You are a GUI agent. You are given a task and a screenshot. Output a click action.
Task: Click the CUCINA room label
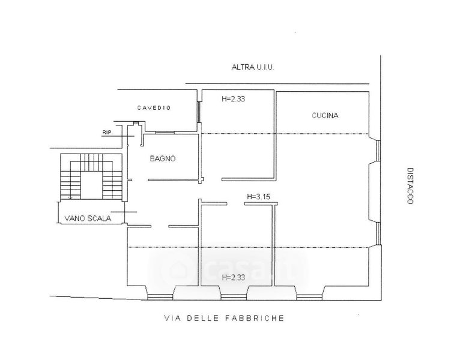(325, 115)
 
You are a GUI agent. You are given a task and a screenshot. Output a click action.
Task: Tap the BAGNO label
(163, 158)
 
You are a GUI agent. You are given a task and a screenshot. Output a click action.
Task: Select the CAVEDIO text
(154, 108)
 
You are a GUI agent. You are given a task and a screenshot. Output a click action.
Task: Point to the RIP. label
(107, 133)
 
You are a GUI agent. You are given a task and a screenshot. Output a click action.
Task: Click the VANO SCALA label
(88, 218)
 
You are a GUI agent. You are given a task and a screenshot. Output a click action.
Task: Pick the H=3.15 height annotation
(258, 197)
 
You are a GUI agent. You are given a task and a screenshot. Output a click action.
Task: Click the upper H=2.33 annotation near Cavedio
(233, 99)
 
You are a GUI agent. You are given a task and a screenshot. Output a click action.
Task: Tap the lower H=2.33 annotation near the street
(234, 277)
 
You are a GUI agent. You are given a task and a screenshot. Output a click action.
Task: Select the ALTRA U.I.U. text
(253, 67)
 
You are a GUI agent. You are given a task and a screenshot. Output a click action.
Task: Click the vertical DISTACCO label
(410, 186)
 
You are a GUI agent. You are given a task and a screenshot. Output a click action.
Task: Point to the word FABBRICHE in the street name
(255, 318)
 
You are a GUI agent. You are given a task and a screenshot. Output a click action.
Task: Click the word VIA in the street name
(172, 318)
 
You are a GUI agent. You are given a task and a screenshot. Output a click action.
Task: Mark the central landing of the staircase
(91, 185)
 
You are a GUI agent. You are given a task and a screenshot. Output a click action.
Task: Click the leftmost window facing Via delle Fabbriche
(160, 297)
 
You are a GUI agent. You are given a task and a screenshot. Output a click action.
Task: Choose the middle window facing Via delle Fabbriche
(234, 297)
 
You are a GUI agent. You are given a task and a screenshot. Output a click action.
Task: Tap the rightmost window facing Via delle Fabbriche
(309, 297)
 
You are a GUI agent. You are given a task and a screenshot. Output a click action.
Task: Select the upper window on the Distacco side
(378, 151)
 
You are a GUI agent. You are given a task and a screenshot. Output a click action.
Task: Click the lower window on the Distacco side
(378, 233)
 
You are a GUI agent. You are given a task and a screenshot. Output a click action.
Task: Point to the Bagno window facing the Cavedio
(165, 133)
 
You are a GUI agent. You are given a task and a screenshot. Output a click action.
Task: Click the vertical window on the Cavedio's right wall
(199, 112)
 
